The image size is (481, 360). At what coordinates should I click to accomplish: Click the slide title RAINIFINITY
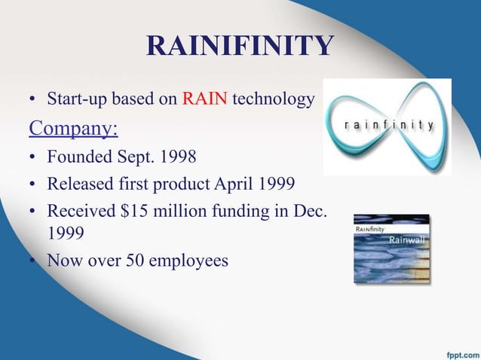240,46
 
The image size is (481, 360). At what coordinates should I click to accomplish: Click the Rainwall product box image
391,249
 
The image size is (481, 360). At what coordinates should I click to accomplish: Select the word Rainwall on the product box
408,239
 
